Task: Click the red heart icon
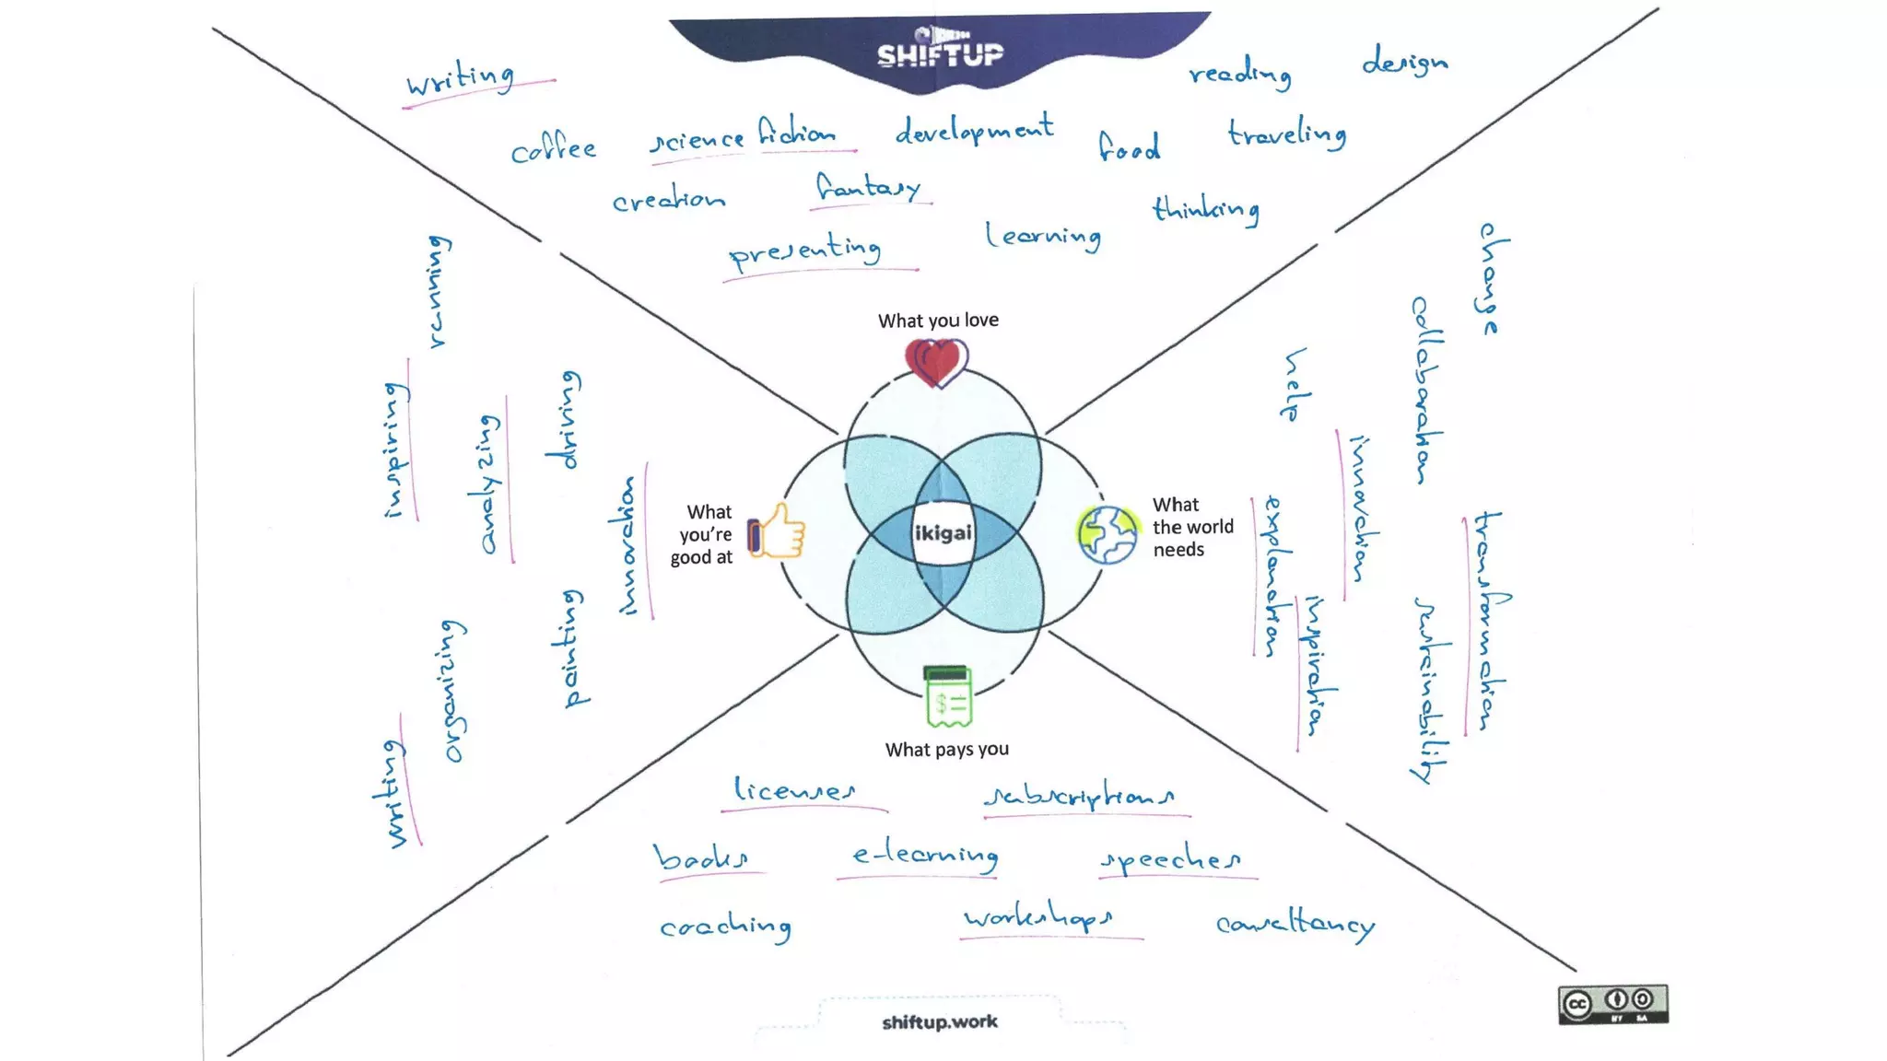[x=936, y=362]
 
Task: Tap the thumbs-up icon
[x=777, y=532]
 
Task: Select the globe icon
[x=1108, y=534]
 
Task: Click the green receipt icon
[x=947, y=696]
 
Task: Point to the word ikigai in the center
[x=943, y=533]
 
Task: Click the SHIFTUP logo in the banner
[x=940, y=53]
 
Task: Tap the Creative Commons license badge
[x=1612, y=1004]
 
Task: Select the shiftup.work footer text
[x=940, y=1021]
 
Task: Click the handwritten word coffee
[x=554, y=149]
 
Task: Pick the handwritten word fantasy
[x=869, y=189]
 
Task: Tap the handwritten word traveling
[x=1287, y=134]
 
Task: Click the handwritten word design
[x=1405, y=63]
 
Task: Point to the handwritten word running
[x=440, y=291]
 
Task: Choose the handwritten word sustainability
[x=1430, y=689]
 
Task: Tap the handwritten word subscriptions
[x=1080, y=796]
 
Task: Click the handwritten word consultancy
[x=1295, y=924]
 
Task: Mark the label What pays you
[x=947, y=750]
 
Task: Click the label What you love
[x=938, y=321]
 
